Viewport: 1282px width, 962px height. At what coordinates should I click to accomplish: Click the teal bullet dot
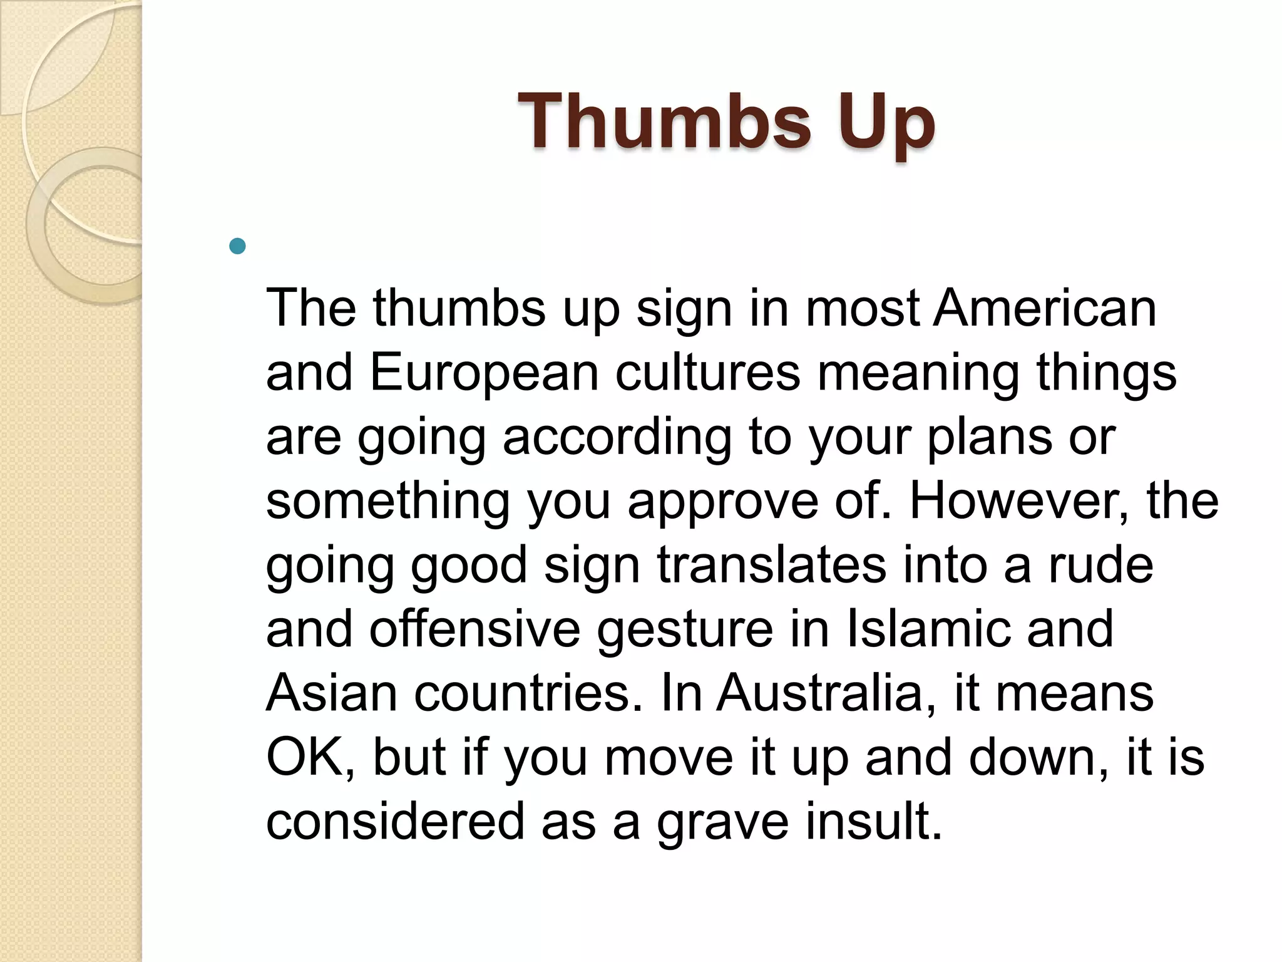click(x=238, y=246)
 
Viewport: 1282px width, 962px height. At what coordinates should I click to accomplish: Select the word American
click(x=1045, y=308)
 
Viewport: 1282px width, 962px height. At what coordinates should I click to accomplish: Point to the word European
click(x=484, y=373)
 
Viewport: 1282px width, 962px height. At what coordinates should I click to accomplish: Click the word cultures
click(x=708, y=373)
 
